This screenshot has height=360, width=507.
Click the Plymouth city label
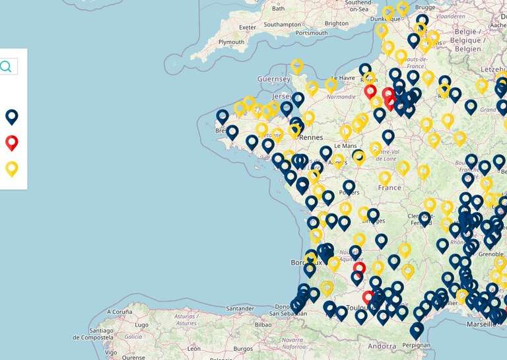(231, 42)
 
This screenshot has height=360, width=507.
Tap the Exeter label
(248, 27)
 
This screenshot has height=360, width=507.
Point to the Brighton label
(337, 23)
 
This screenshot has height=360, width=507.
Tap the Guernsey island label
(274, 79)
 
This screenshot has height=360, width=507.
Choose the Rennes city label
(310, 137)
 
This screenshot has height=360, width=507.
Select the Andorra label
(382, 345)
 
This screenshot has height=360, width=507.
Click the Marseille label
(483, 324)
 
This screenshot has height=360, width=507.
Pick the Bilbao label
(263, 324)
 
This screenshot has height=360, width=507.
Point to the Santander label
(240, 308)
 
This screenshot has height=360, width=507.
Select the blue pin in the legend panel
(12, 117)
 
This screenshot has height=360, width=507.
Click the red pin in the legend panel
(12, 142)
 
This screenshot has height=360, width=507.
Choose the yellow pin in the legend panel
(12, 168)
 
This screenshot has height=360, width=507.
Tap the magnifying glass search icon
(6, 66)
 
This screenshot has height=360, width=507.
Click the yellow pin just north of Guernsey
(297, 65)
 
